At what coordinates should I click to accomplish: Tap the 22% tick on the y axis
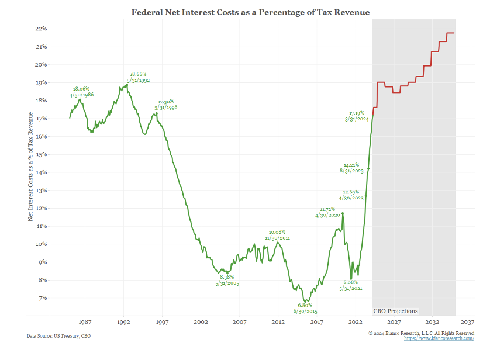pyautogui.click(x=41, y=29)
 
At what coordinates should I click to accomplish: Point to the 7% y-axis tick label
pyautogui.click(x=42, y=298)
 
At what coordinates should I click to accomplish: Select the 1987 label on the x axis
pyautogui.click(x=85, y=322)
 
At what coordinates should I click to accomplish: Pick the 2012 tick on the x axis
pyautogui.click(x=278, y=322)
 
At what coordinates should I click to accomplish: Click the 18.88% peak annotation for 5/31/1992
pyautogui.click(x=139, y=77)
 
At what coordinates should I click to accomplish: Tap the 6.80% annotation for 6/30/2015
pyautogui.click(x=305, y=308)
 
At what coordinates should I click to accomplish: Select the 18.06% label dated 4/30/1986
pyautogui.click(x=81, y=92)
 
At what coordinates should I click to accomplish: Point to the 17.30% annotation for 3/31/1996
pyautogui.click(x=166, y=105)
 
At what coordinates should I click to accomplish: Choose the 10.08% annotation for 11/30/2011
pyautogui.click(x=277, y=235)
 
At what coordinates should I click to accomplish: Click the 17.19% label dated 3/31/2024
pyautogui.click(x=357, y=116)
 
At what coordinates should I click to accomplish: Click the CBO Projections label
pyautogui.click(x=395, y=311)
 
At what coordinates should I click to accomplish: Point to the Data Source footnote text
pyautogui.click(x=58, y=336)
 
